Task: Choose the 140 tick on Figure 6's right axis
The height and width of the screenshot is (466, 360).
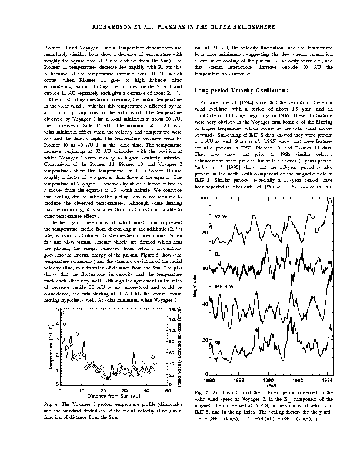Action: (x=173, y=309)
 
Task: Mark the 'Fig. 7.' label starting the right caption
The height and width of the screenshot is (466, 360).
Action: (x=201, y=392)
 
